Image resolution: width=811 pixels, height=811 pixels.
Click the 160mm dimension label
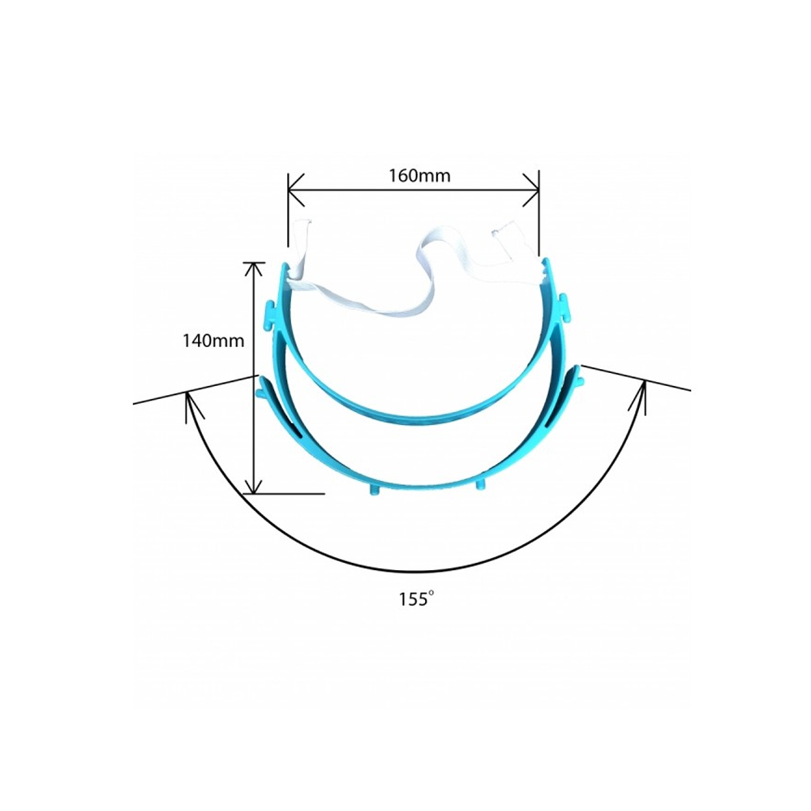(419, 176)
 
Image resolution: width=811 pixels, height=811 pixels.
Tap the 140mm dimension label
(213, 341)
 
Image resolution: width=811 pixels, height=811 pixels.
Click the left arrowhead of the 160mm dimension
(296, 190)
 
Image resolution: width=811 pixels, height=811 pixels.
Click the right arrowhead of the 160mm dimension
(530, 190)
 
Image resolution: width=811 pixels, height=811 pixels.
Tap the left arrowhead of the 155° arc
(192, 406)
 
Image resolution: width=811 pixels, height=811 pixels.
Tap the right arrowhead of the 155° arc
(640, 397)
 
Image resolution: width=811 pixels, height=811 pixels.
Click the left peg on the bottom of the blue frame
(375, 489)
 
